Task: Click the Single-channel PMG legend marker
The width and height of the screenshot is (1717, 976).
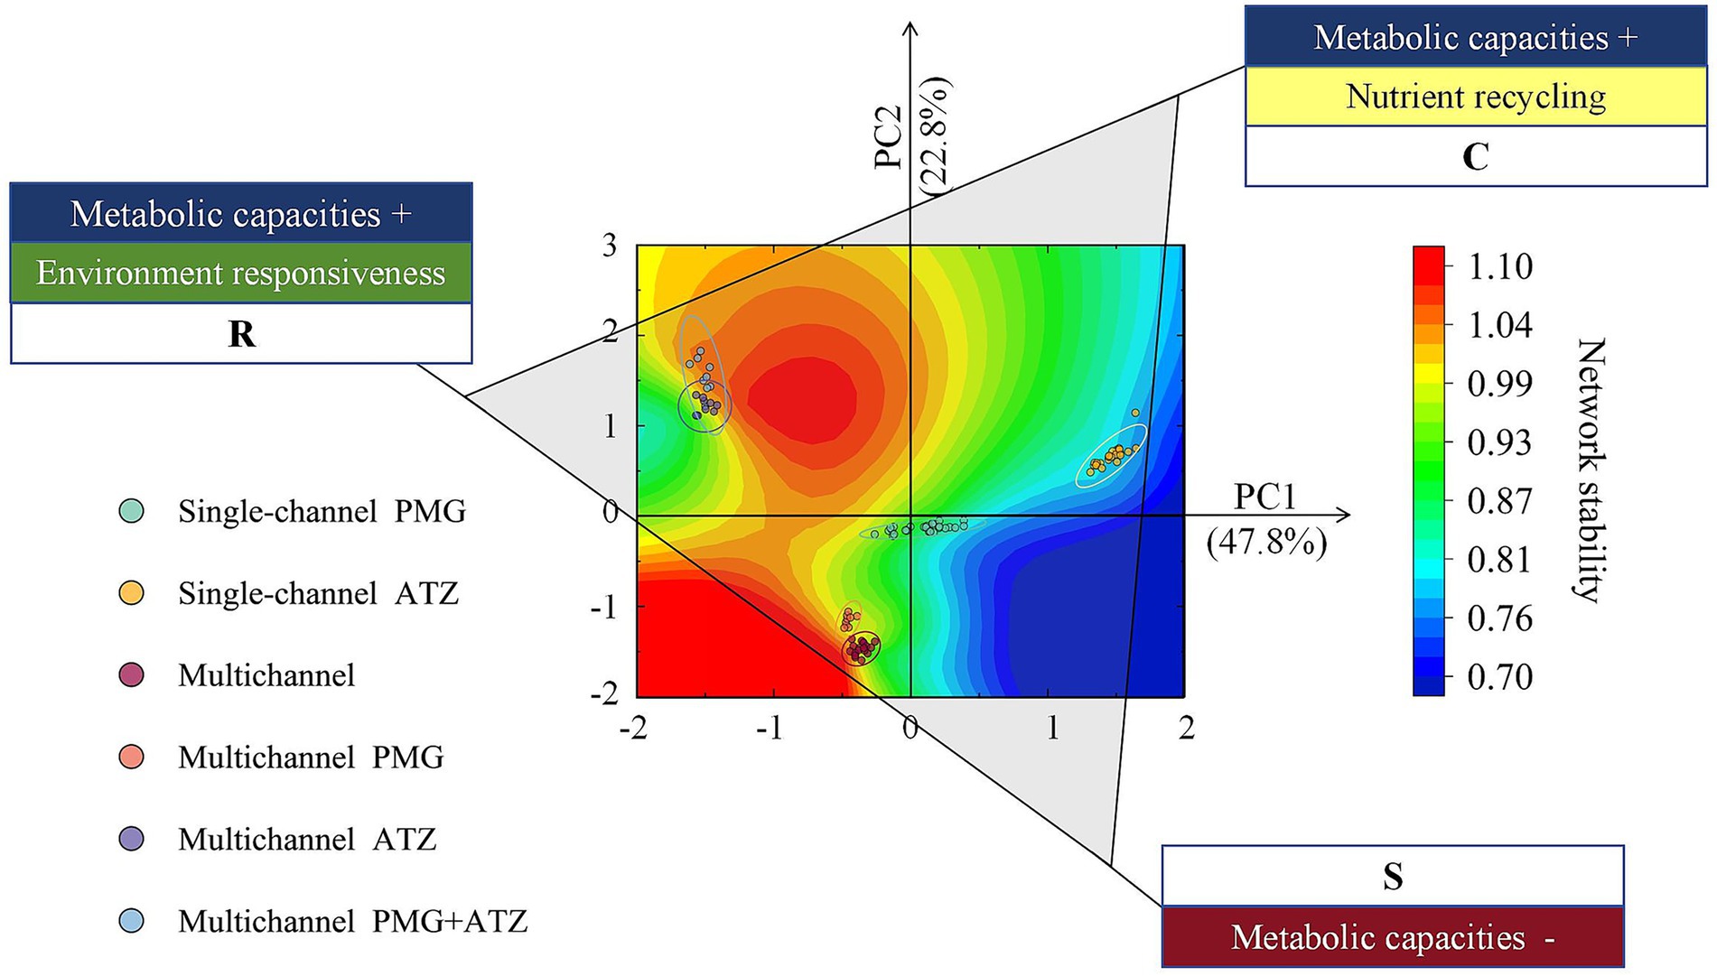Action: [x=132, y=512]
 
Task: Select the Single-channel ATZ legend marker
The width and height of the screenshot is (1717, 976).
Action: [x=132, y=593]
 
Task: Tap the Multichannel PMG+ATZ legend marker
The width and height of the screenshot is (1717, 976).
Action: [x=132, y=921]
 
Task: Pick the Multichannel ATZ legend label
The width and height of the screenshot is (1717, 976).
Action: [x=307, y=840]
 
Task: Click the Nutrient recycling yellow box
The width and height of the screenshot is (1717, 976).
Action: [x=1475, y=97]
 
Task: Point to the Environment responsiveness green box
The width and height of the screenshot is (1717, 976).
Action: [x=241, y=273]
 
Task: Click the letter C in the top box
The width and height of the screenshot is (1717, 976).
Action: [x=1475, y=157]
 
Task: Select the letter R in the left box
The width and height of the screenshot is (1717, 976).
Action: [x=241, y=334]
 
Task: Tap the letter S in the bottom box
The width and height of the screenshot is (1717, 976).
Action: [x=1393, y=877]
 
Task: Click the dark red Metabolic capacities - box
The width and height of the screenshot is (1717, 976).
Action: [x=1393, y=937]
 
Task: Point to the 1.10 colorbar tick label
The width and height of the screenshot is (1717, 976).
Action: [x=1499, y=267]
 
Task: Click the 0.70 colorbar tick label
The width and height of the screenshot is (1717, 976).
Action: [x=1499, y=677]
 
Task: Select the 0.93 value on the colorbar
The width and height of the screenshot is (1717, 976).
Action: [x=1499, y=442]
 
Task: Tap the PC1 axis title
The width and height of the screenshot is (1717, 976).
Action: [x=1265, y=497]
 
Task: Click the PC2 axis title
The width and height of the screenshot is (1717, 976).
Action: [x=890, y=137]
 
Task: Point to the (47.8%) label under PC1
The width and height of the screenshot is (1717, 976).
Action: [x=1267, y=543]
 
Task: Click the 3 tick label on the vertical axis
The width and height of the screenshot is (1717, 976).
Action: [x=610, y=246]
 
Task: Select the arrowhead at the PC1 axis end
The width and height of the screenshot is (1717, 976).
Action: [x=1345, y=515]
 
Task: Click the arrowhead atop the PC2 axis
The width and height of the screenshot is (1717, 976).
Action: [x=910, y=29]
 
